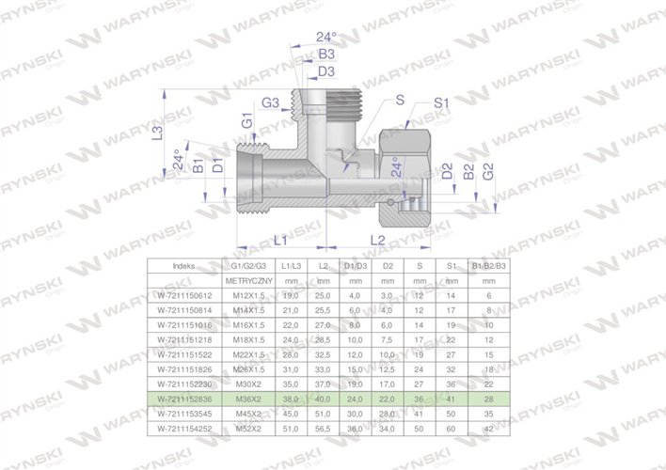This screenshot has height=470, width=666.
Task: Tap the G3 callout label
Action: coord(271,102)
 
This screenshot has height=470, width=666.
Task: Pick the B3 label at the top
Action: coord(326,55)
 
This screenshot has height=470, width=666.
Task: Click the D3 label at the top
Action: coord(326,71)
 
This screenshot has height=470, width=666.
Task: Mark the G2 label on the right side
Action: coord(487,172)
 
